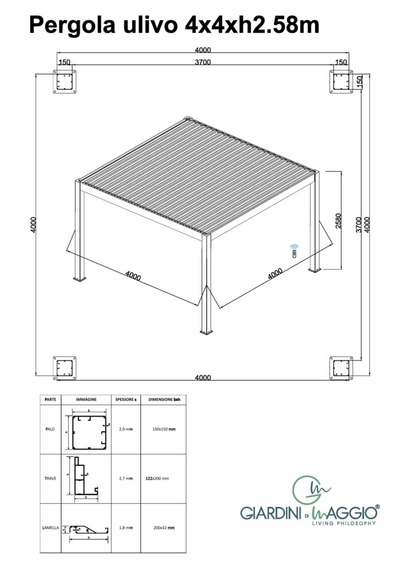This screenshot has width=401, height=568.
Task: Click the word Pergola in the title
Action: (72, 26)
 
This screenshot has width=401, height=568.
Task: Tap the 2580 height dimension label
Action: (339, 221)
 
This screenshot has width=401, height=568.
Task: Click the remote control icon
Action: (294, 250)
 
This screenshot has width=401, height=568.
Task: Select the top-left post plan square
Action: (65, 82)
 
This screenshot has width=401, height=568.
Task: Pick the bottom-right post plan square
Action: (341, 368)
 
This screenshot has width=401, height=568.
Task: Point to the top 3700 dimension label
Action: (203, 62)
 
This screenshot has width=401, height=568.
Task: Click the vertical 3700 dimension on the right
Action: (359, 225)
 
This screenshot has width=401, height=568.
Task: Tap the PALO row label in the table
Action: (50, 429)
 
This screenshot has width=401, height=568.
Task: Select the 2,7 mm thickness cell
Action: (126, 479)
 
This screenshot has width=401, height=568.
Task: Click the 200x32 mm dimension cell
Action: (164, 528)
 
